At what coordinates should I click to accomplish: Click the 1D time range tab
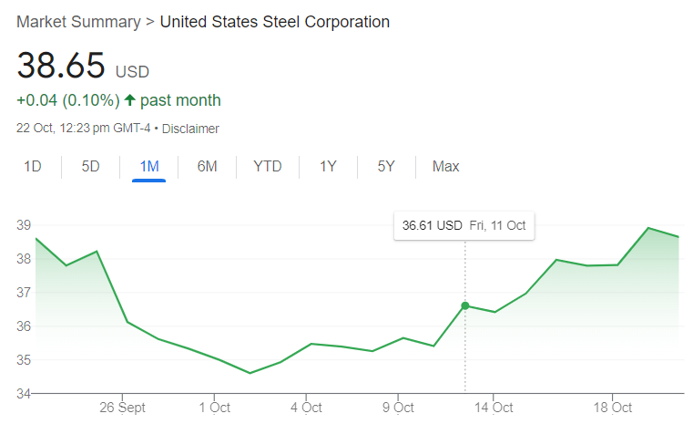click(x=33, y=166)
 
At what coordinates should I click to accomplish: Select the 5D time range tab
click(x=90, y=166)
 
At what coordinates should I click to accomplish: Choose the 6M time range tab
click(x=207, y=166)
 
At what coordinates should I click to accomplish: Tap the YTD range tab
click(x=268, y=166)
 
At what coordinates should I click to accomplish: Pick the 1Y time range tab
click(x=328, y=166)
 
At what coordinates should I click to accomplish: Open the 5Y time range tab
click(x=386, y=166)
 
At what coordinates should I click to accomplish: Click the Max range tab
click(x=446, y=166)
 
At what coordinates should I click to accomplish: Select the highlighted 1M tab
click(x=148, y=166)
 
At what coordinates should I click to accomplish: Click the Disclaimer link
click(x=190, y=129)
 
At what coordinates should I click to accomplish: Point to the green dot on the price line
click(x=465, y=305)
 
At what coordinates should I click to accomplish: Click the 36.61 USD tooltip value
click(x=433, y=225)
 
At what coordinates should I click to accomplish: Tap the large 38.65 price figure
click(x=61, y=67)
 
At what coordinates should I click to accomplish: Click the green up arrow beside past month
click(x=129, y=100)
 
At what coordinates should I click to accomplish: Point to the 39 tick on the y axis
click(x=24, y=225)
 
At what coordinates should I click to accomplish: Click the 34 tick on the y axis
click(x=24, y=394)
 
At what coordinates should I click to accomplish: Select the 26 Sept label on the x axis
click(x=122, y=408)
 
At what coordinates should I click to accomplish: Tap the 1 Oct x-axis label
click(x=214, y=408)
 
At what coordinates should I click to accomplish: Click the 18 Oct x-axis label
click(x=612, y=408)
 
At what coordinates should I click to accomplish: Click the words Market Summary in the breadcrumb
click(x=78, y=21)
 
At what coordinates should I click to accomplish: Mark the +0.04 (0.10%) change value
click(x=68, y=100)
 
